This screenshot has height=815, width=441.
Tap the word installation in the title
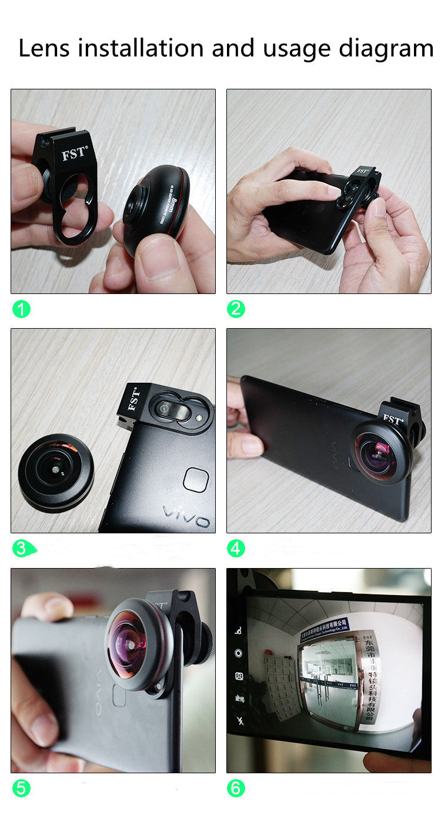[x=142, y=48]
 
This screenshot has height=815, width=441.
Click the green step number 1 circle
[x=21, y=309]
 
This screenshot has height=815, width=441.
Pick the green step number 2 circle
[x=236, y=309]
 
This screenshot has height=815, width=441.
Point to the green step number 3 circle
[x=21, y=549]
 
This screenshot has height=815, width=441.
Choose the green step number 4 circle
[x=236, y=549]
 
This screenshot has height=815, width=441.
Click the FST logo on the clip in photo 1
[x=74, y=154]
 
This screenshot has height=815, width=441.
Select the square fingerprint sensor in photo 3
[x=195, y=480]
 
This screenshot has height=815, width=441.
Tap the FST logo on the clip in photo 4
[x=393, y=420]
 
